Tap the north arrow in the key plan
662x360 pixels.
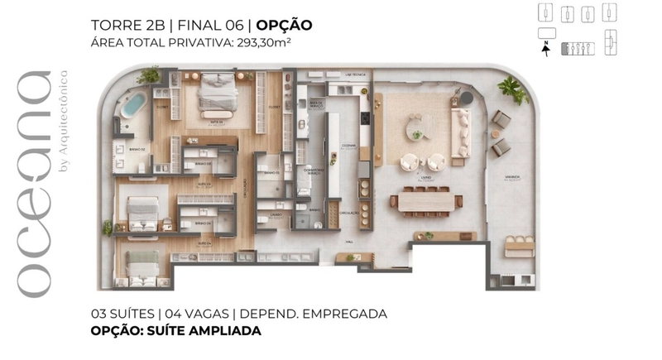click(545, 47)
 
